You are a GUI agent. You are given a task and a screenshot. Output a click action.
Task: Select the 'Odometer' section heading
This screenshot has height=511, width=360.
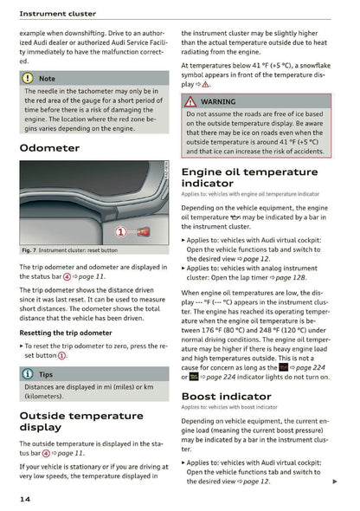[x=55, y=148]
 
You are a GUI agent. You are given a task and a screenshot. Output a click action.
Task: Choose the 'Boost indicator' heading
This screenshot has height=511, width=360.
[x=226, y=396]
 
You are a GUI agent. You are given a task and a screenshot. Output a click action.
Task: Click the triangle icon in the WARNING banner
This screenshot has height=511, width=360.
[x=190, y=101]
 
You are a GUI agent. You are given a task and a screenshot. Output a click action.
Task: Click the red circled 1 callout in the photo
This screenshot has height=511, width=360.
[x=119, y=231]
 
